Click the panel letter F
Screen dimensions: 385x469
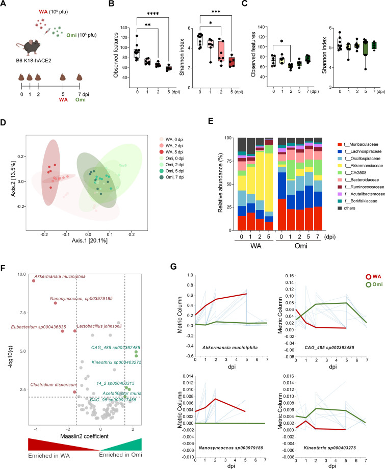(3, 268)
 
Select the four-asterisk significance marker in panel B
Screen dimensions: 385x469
(153, 14)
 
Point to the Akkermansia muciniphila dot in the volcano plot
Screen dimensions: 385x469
(34, 281)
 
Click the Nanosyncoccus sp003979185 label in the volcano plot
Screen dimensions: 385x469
(81, 299)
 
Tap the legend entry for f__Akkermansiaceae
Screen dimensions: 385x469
(360, 165)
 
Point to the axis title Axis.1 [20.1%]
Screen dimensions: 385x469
(89, 241)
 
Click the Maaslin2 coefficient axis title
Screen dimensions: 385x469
(84, 436)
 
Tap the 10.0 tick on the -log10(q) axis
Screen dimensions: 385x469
(22, 274)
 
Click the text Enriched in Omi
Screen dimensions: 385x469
(120, 455)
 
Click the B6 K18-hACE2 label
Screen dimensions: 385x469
(34, 61)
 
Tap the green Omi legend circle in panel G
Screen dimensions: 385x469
(369, 285)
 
